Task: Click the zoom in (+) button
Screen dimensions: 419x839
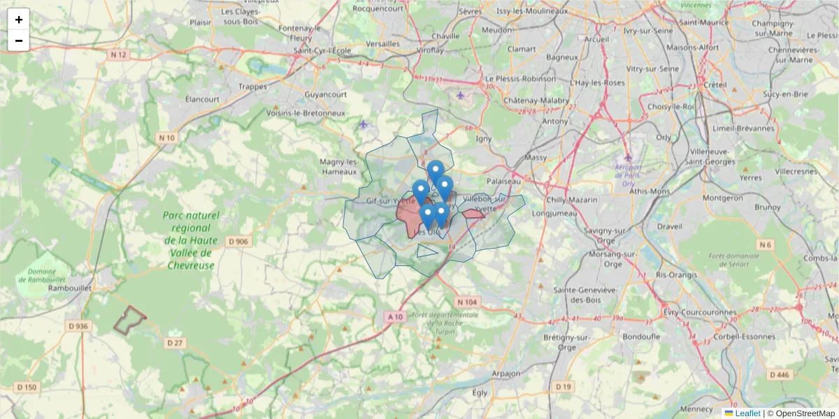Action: (x=19, y=20)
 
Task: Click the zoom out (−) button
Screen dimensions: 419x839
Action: (x=19, y=41)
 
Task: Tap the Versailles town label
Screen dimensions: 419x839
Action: (x=382, y=43)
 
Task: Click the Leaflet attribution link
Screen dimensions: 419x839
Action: (x=747, y=413)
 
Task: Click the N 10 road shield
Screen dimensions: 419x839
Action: (x=166, y=138)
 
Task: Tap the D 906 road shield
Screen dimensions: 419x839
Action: (x=238, y=242)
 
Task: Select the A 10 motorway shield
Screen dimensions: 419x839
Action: (x=395, y=316)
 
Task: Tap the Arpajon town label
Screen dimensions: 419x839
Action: (x=505, y=374)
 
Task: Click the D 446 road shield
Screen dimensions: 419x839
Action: (x=781, y=375)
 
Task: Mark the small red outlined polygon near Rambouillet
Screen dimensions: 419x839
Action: (x=129, y=320)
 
